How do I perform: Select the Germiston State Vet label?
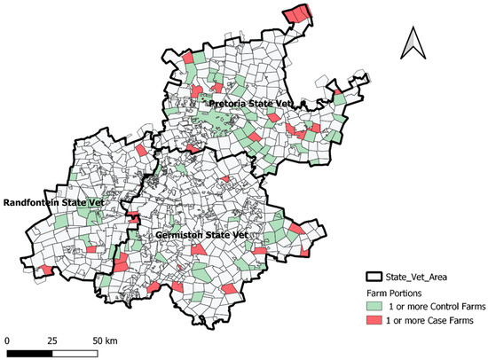pyautogui.click(x=201, y=235)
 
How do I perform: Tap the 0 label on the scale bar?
pyautogui.click(x=7, y=340)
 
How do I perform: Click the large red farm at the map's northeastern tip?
pyautogui.click(x=298, y=16)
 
